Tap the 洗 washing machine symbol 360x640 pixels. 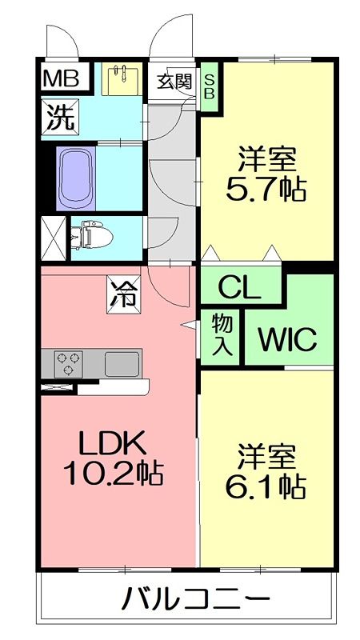(61, 119)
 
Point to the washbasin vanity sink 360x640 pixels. (122, 80)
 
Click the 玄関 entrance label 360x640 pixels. (173, 80)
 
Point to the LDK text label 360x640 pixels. (110, 442)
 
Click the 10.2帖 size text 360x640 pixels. (113, 474)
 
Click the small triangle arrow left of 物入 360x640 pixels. (189, 325)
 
